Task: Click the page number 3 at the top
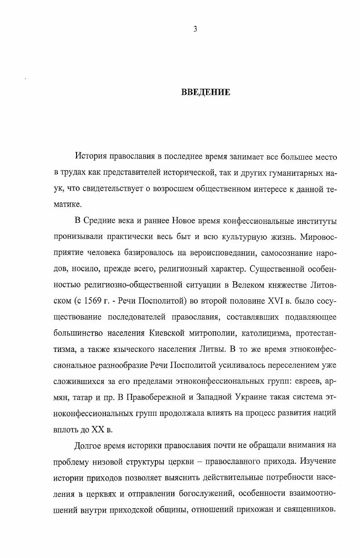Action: point(195,30)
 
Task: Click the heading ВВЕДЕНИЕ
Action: point(206,93)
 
